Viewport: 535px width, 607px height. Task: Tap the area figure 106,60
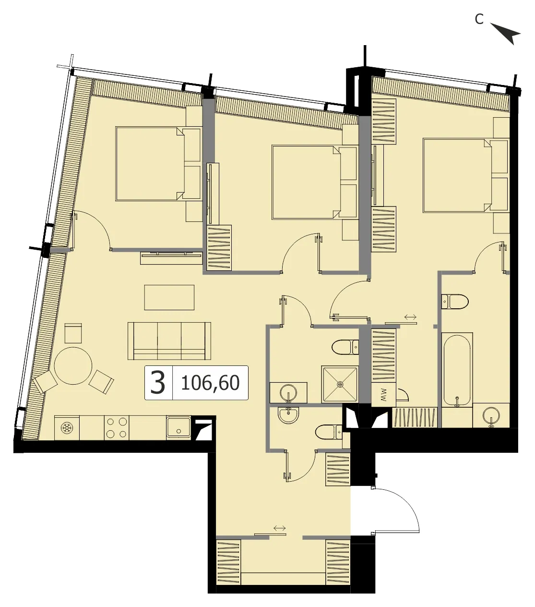210,383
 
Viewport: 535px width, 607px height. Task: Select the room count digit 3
158,383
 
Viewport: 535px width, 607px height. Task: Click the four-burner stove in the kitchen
117,428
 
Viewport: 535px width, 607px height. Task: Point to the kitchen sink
178,427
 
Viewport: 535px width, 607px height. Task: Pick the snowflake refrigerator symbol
66,428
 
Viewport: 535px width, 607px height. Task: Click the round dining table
73,365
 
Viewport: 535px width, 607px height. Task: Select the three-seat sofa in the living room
169,341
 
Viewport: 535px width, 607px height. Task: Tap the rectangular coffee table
169,297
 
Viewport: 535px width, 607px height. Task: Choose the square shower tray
340,384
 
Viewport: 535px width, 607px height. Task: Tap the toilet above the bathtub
455,302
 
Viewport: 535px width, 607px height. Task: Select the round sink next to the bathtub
491,415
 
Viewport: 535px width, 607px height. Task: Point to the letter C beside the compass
479,19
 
